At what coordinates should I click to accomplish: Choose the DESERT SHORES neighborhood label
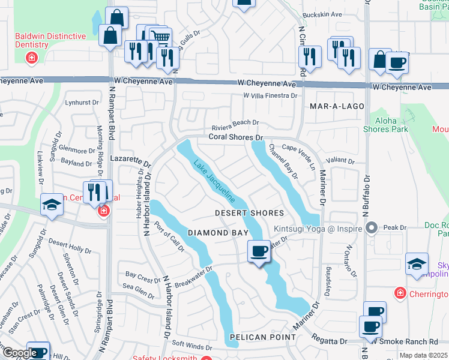point(250,214)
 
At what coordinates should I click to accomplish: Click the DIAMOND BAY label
point(209,232)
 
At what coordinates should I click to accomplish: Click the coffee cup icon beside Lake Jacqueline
point(259,251)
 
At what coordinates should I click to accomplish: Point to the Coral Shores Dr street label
point(236,137)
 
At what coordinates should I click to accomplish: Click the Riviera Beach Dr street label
point(235,123)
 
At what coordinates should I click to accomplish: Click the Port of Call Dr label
point(169,238)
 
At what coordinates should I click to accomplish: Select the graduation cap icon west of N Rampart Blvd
point(52,205)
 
